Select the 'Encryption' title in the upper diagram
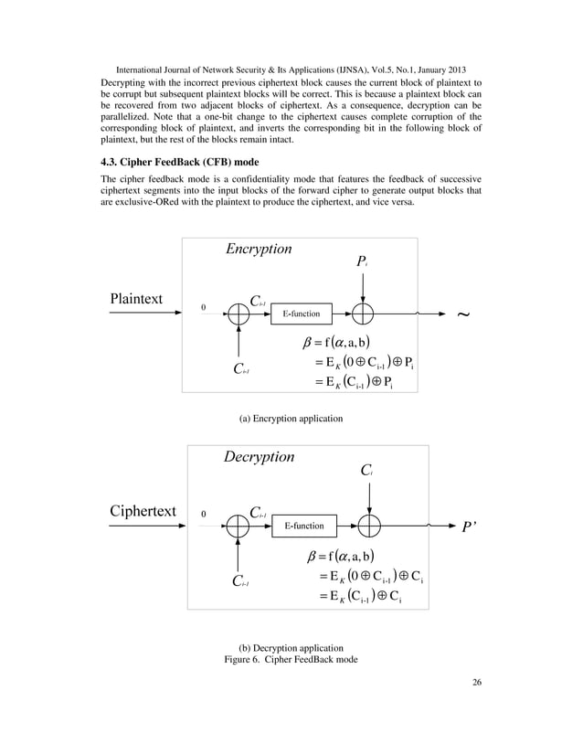click(x=259, y=249)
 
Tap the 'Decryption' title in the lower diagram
click(x=259, y=456)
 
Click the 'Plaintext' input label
click(x=136, y=299)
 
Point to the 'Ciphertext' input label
click(x=136, y=510)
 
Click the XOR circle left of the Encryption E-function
click(x=238, y=314)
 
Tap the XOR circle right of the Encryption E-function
click(x=364, y=314)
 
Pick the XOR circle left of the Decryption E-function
click(x=238, y=526)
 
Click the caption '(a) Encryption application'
click(x=291, y=418)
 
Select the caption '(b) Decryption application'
click(x=291, y=647)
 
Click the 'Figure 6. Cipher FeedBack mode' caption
click(x=291, y=660)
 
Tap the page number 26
click(x=477, y=706)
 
